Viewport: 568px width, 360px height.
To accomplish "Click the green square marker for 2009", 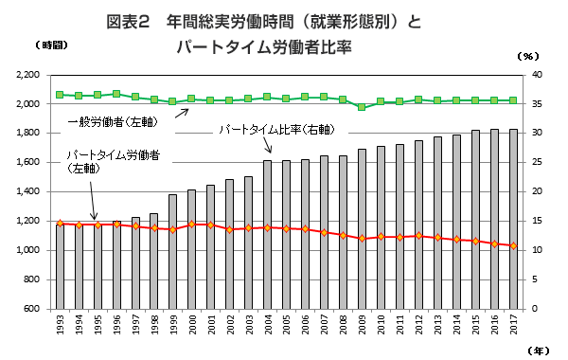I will (x=362, y=107).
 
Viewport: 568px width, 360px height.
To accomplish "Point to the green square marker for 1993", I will (x=60, y=95).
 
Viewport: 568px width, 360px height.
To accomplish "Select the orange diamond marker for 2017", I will (x=512, y=246).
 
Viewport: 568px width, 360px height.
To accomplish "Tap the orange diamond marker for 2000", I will (x=191, y=225).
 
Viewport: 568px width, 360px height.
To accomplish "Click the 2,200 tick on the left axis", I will (x=26, y=75).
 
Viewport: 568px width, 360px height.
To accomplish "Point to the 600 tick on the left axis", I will (x=31, y=309).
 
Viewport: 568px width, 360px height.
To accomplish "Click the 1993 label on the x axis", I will (x=60, y=327).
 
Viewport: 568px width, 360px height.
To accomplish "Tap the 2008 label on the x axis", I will (x=343, y=327).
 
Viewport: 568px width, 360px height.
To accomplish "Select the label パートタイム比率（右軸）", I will (x=276, y=129).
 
